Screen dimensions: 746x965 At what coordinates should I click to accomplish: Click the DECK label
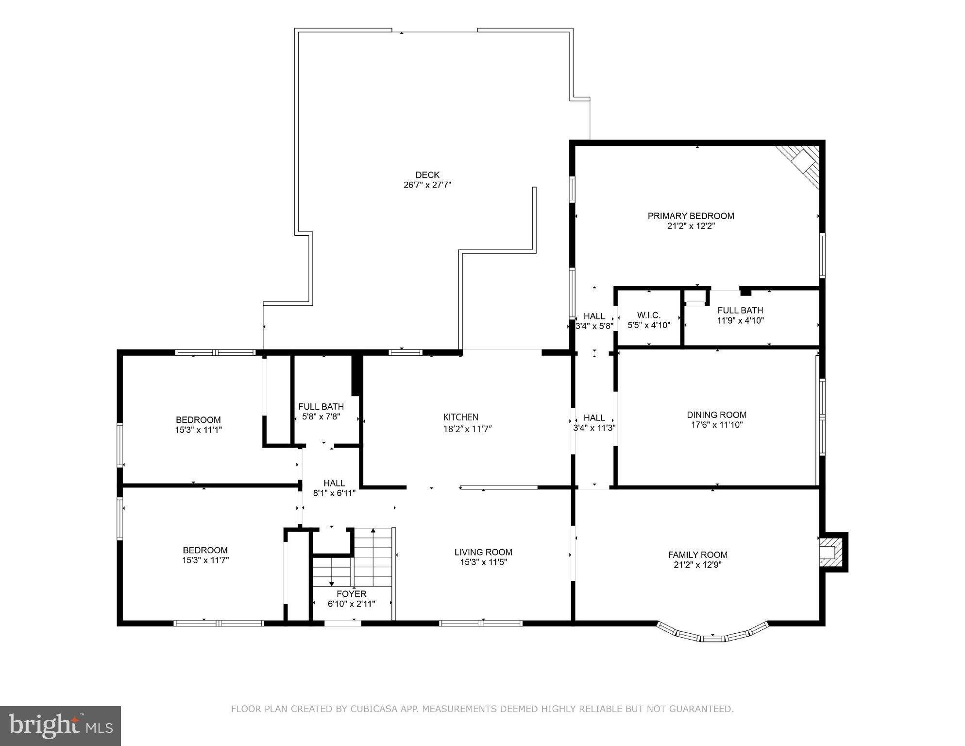427,175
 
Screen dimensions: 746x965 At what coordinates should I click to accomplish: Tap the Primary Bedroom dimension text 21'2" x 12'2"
691,226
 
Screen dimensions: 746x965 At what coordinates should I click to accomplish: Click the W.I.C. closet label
648,315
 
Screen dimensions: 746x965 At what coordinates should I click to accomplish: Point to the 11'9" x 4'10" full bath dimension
740,321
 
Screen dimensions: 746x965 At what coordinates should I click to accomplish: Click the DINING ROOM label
716,415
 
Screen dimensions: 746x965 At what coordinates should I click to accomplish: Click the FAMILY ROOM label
697,555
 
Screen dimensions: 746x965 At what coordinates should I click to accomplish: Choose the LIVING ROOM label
483,552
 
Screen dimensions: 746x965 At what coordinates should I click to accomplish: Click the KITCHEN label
460,417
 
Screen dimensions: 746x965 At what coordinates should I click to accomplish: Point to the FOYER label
352,594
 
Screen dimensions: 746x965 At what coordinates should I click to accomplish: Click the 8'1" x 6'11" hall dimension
334,493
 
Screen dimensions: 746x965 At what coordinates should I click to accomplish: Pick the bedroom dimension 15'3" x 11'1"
198,430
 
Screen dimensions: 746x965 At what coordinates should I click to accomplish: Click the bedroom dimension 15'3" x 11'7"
205,560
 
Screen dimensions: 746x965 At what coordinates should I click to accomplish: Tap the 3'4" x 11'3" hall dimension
594,428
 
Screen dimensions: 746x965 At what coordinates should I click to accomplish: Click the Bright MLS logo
60,726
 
